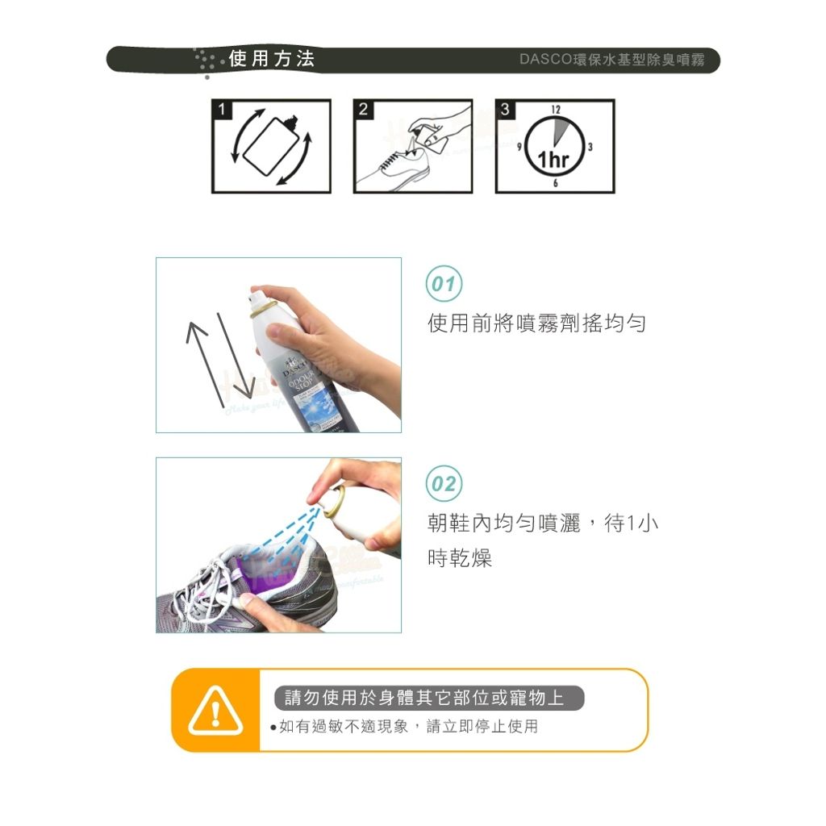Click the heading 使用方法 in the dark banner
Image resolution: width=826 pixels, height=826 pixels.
tap(272, 58)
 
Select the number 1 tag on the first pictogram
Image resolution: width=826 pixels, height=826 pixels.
tap(222, 109)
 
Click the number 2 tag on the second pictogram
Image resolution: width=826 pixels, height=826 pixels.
tap(364, 109)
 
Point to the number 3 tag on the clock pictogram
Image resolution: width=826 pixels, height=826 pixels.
tap(506, 109)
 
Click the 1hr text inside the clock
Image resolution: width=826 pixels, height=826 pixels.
tap(553, 159)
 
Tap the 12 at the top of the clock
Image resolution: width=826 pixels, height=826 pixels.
tap(556, 109)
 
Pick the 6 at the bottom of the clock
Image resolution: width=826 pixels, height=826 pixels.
tap(555, 183)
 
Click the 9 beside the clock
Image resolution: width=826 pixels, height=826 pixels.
tap(519, 147)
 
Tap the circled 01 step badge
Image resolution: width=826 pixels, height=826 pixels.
tap(444, 284)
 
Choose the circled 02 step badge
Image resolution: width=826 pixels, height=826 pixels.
tap(444, 484)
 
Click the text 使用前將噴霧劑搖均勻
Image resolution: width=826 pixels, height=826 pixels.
tap(536, 323)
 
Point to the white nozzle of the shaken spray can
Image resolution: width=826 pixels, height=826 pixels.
tap(255, 300)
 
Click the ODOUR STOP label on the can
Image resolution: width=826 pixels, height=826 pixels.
tap(302, 379)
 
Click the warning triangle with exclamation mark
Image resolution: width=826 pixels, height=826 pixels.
tap(215, 711)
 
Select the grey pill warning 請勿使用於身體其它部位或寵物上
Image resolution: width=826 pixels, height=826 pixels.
tap(429, 698)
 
